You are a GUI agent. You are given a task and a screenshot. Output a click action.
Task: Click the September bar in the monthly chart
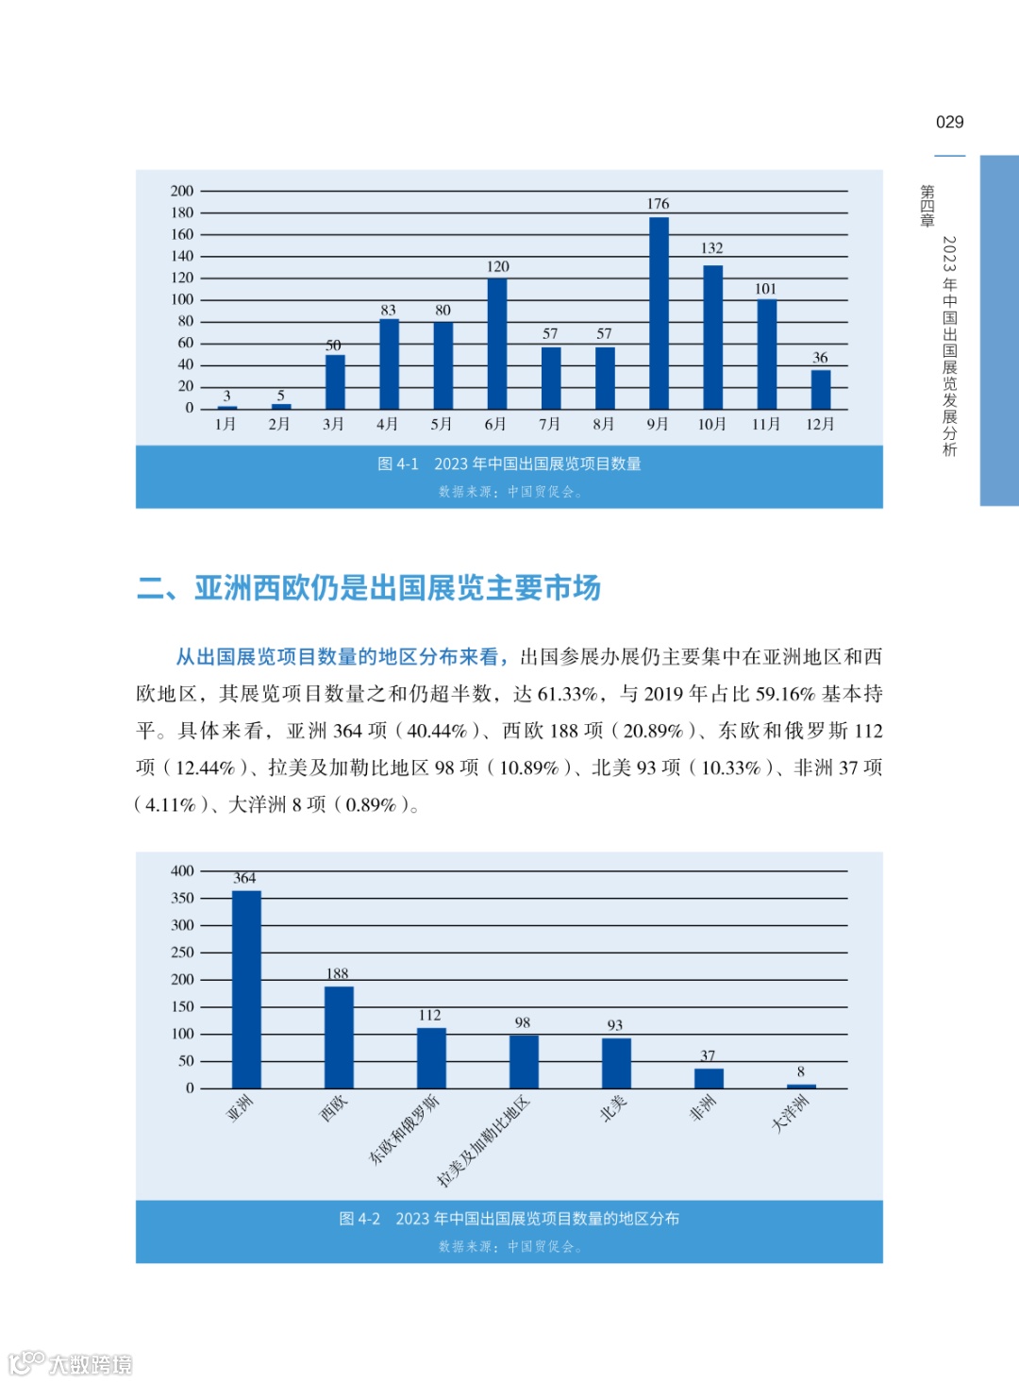659,313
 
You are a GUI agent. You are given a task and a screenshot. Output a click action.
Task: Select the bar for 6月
497,344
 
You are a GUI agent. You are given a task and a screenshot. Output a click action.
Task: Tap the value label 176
658,204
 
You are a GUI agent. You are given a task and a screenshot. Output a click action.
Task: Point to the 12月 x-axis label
820,425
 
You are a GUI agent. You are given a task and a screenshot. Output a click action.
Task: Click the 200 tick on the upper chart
182,192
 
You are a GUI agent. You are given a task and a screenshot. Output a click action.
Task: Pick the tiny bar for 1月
226,407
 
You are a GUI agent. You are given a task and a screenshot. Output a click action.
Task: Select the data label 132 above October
711,248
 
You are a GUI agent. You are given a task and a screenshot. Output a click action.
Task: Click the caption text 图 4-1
397,464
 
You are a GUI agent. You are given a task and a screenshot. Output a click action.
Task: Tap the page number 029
949,123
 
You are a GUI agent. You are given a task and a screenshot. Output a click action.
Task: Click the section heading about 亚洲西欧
369,588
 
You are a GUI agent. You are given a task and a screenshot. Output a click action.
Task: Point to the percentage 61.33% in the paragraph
568,695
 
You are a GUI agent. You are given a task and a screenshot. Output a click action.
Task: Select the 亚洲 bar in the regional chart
246,989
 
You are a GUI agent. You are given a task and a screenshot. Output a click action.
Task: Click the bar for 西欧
339,1037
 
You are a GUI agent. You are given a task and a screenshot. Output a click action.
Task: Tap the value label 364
244,879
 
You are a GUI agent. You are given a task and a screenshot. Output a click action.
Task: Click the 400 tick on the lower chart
182,871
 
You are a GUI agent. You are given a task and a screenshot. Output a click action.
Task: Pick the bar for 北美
616,1063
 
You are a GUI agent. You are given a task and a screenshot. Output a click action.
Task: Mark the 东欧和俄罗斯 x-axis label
404,1129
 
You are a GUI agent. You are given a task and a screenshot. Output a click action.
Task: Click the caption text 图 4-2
359,1220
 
